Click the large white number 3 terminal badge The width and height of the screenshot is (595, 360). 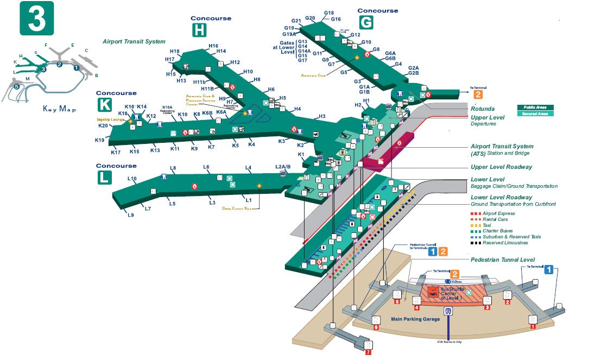36,17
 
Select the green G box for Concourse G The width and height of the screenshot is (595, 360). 366,21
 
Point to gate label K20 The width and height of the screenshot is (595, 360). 103,125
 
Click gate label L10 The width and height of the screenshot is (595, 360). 132,179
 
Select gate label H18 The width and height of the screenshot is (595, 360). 175,52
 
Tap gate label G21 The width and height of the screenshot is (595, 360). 295,21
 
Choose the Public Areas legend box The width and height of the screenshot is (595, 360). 535,108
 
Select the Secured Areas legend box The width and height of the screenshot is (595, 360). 535,113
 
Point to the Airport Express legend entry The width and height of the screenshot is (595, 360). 495,213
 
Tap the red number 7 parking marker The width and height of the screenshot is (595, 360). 369,352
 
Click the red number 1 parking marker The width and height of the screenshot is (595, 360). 533,326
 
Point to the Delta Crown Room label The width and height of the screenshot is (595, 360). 239,208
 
